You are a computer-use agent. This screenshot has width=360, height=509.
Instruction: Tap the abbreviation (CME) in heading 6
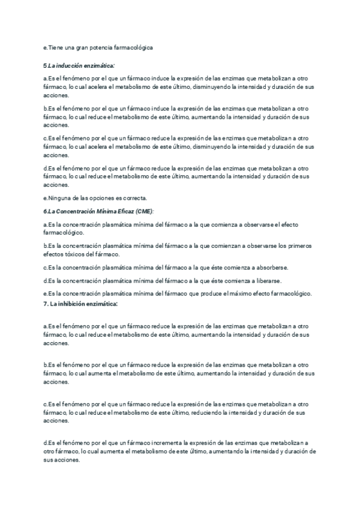(144, 211)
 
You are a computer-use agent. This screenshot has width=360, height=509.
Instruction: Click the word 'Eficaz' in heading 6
(124, 211)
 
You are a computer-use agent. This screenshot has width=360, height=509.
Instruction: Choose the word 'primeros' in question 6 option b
(301, 246)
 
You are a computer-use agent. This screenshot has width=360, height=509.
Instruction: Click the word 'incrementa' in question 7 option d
(155, 443)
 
